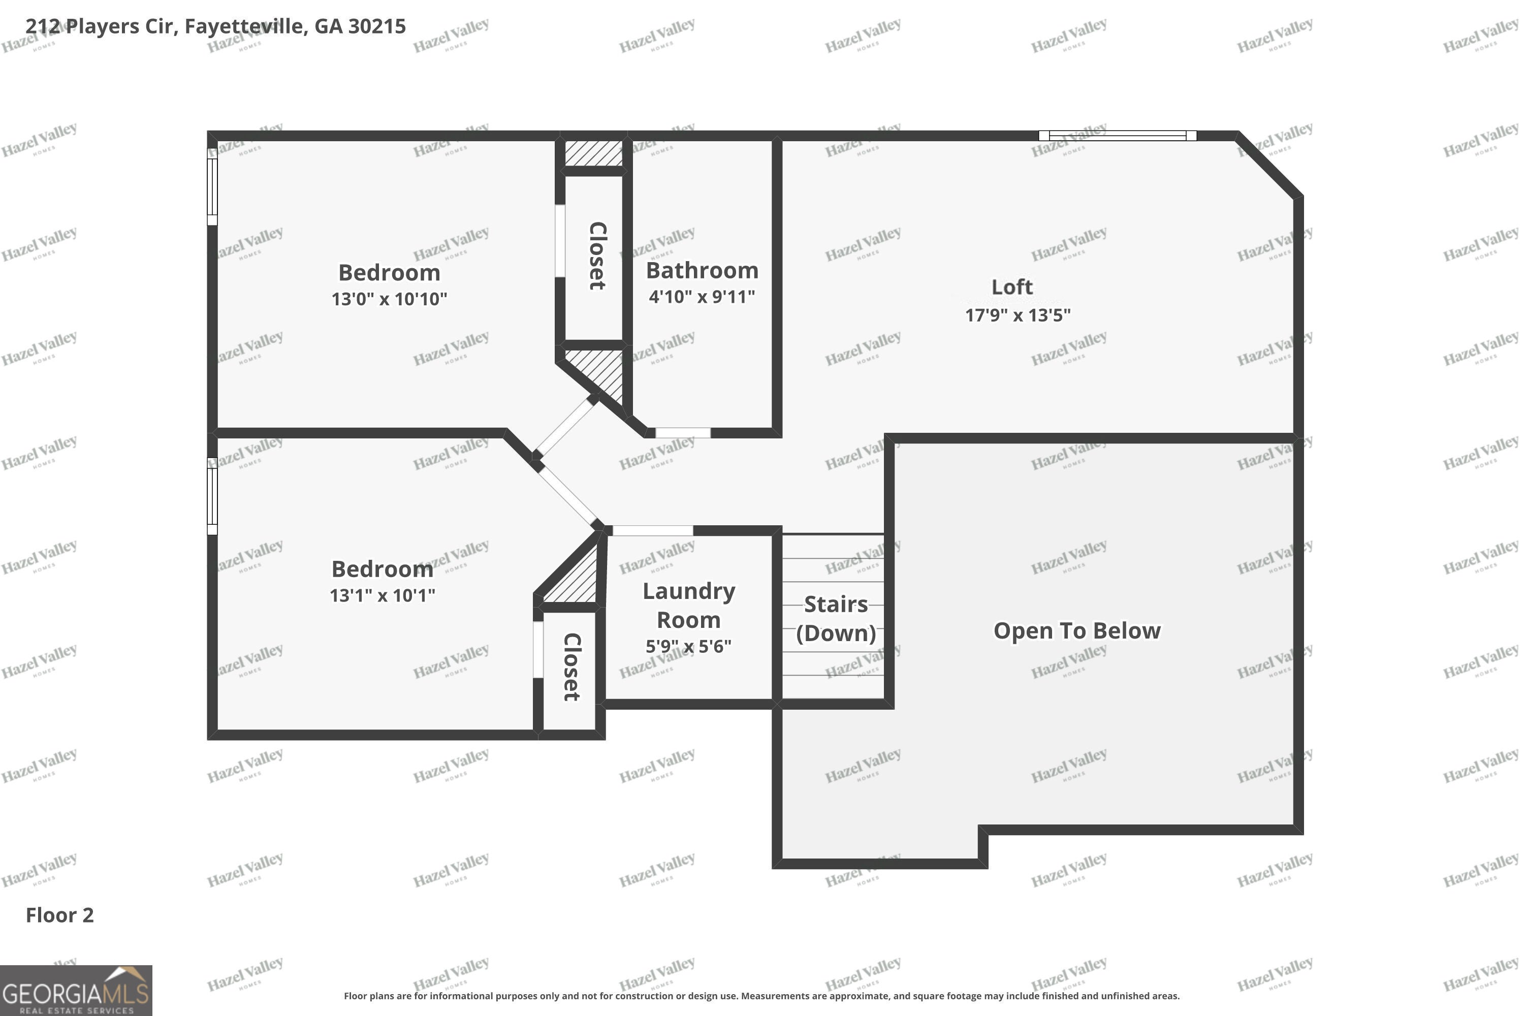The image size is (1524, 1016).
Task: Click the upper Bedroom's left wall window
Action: [x=212, y=186]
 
